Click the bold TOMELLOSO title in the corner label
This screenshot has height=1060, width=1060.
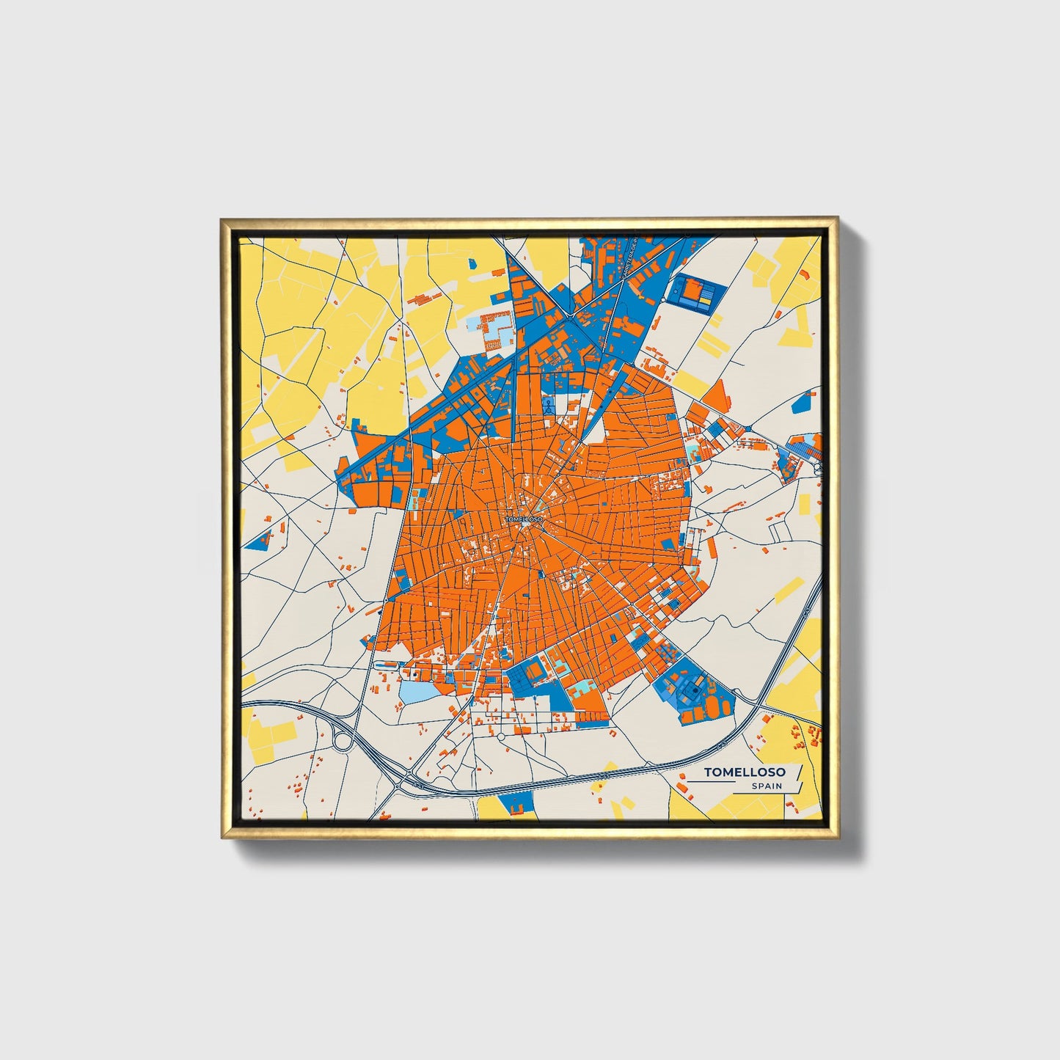coord(744,772)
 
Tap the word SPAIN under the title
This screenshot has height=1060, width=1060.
coord(766,786)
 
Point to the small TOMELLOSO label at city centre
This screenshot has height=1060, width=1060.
coord(524,519)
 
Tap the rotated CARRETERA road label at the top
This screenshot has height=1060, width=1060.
coord(629,257)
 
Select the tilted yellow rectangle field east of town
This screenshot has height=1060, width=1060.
coord(789,589)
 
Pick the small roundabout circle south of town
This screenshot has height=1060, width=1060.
coord(500,736)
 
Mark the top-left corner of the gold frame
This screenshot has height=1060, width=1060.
coord(222,219)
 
